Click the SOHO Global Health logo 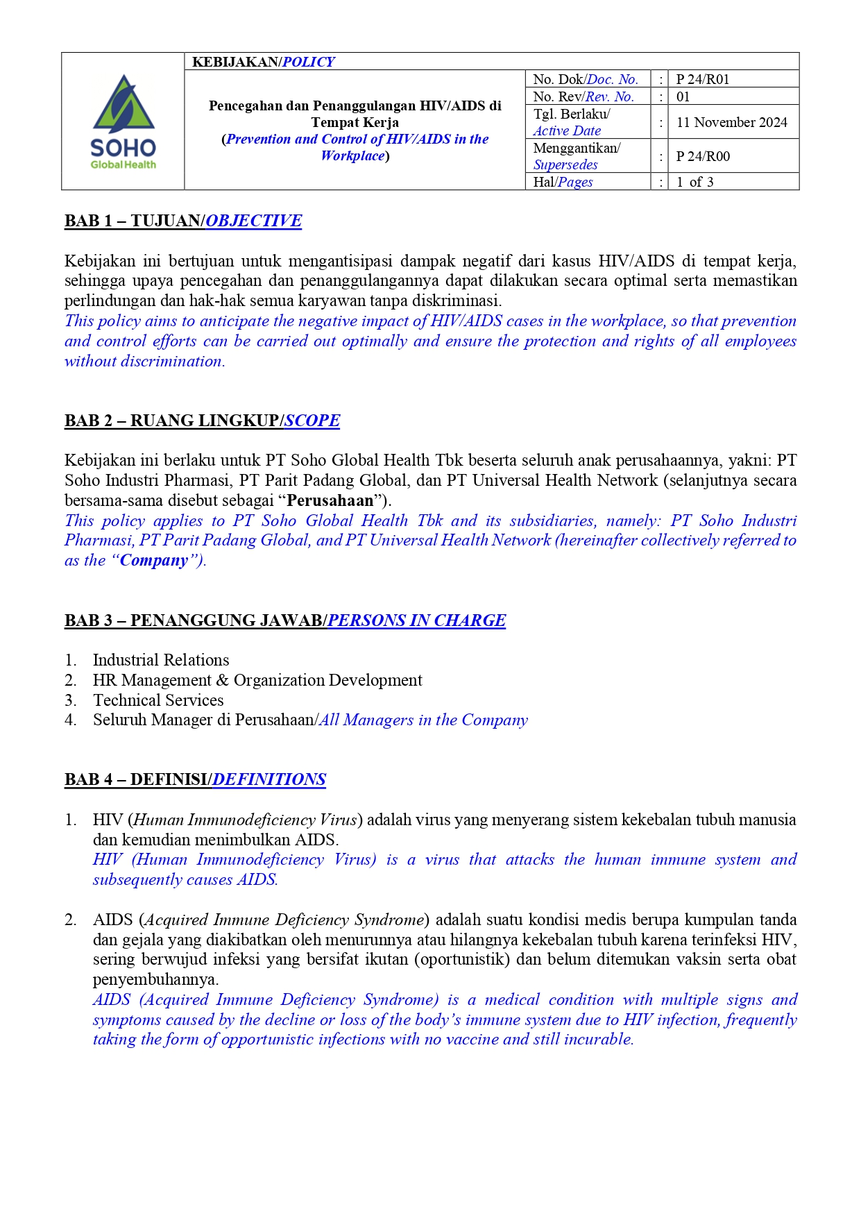pos(123,122)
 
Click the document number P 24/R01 pos(702,79)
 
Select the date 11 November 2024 pos(731,123)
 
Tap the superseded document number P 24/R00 pos(702,156)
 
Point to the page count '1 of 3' pos(694,182)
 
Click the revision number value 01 pos(683,96)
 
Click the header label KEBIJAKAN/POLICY pos(263,62)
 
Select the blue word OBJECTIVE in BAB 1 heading pos(253,221)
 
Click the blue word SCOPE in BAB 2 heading pos(312,421)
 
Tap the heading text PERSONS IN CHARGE pos(416,620)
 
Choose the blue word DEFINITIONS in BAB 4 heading pos(268,779)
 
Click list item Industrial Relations pos(161,660)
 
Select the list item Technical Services pos(158,700)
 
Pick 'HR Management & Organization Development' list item pos(257,680)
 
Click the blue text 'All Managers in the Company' pos(423,720)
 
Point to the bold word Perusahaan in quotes pos(330,500)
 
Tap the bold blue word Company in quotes pos(154,560)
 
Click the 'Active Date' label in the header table pos(567,130)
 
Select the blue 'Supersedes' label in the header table pos(565,164)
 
